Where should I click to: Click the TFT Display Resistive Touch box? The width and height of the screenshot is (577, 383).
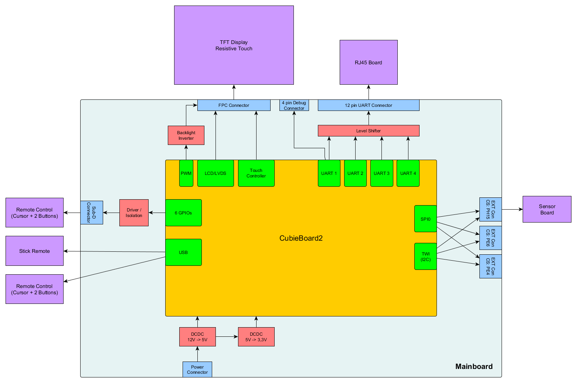pos(234,45)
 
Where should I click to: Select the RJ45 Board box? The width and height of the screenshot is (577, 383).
pos(369,62)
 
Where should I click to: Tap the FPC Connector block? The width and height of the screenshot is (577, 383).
pos(234,105)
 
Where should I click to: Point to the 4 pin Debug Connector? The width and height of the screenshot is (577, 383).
pos(294,105)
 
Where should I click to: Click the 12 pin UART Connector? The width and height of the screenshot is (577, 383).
pos(369,105)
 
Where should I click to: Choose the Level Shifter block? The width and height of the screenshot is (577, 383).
pos(369,131)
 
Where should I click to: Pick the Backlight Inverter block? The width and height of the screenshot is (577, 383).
pos(186,135)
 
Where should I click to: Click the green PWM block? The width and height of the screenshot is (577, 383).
pos(186,173)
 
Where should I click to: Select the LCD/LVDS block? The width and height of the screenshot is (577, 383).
pos(215,173)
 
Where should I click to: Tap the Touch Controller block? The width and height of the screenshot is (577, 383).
pos(256,173)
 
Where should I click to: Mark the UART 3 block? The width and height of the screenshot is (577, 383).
pos(381,173)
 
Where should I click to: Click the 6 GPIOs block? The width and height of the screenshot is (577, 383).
pos(183,213)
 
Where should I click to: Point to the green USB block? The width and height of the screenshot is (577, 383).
pos(183,252)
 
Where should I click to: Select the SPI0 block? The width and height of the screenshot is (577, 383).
pos(425,219)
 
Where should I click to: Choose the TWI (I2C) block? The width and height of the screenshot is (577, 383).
pos(425,257)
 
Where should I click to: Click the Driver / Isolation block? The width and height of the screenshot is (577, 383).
pos(134,213)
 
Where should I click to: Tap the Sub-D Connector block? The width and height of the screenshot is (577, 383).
pos(92,213)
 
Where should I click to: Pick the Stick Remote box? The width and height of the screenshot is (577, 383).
pos(34,251)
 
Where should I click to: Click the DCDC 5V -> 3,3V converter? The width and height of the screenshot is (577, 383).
pos(256,337)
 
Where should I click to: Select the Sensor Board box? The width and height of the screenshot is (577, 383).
pos(547,209)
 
